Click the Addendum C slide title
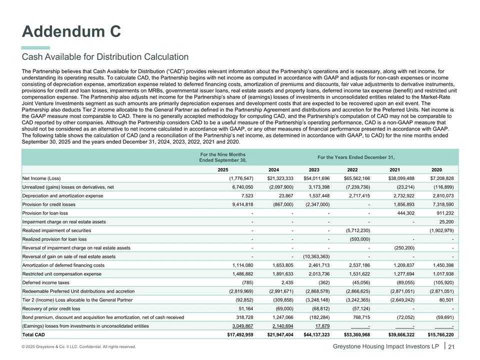pyautogui.click(x=71, y=31)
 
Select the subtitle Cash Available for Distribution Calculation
pyautogui.click(x=105, y=57)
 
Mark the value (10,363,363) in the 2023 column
pyautogui.click(x=316, y=256)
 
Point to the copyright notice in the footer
pyautogui.click(x=79, y=347)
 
